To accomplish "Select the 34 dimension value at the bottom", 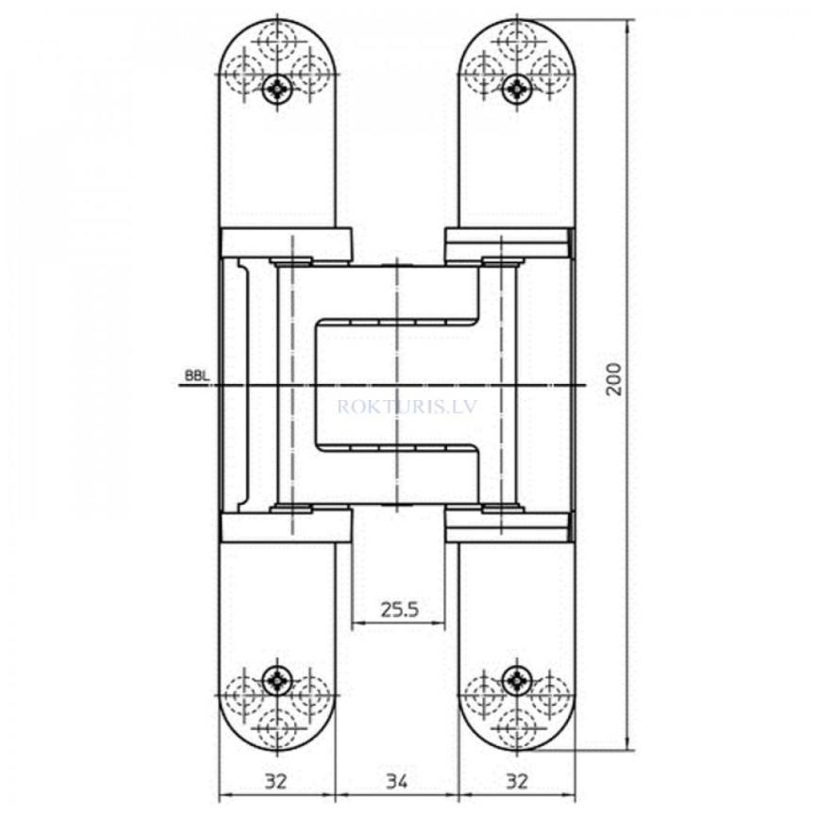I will click(397, 781).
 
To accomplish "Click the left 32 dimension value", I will click(276, 781).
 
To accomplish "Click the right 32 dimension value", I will click(517, 781).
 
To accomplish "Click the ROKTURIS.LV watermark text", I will click(396, 408).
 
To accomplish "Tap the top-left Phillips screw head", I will click(277, 89).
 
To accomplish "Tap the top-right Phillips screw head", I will click(517, 89).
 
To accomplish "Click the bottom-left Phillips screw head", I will click(277, 677).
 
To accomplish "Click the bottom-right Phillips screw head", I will click(517, 677).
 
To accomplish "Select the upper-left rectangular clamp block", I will click(285, 243).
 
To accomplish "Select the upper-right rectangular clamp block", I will click(509, 244).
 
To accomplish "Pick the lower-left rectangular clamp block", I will click(285, 526).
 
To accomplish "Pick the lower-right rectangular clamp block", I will click(509, 526).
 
